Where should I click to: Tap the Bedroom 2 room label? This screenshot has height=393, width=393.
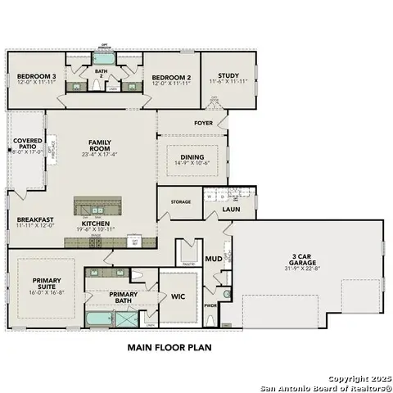[170, 79]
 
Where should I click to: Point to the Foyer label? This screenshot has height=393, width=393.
[203, 124]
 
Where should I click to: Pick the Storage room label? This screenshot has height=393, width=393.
[181, 201]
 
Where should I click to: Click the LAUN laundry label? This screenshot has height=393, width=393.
[232, 210]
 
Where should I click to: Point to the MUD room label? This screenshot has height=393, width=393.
[213, 259]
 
